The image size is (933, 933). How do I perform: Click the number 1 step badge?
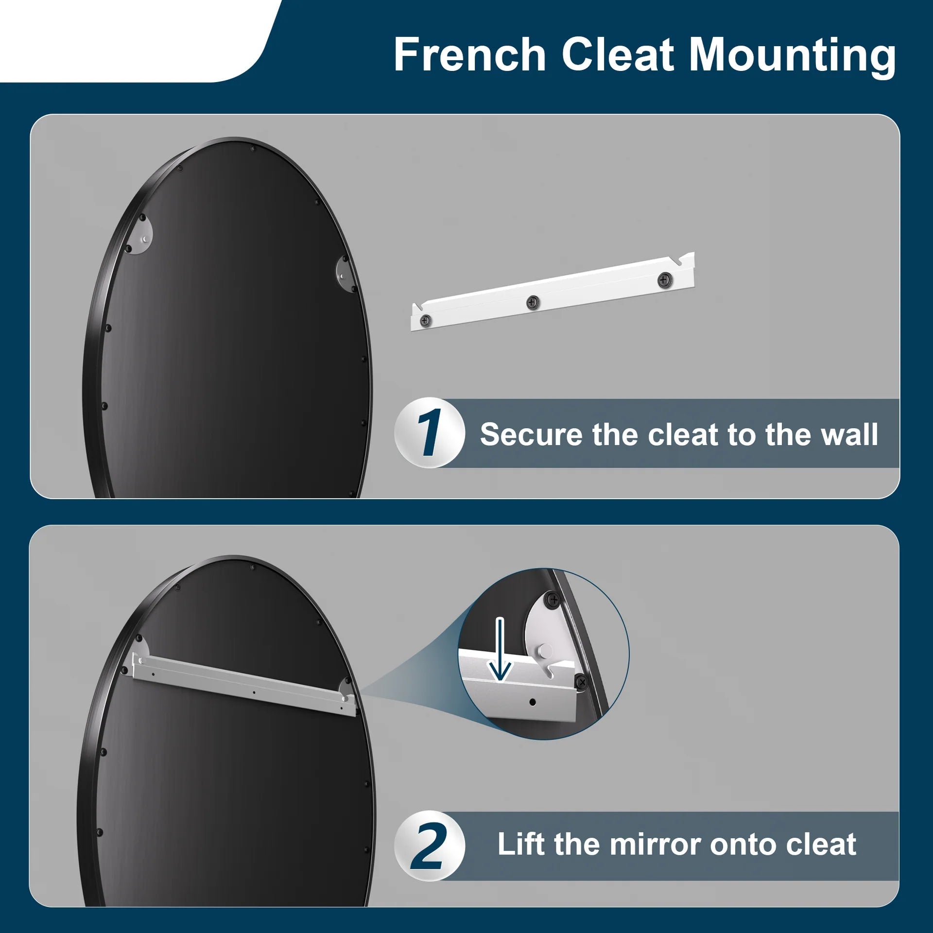click(429, 432)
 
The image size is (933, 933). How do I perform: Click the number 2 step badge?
click(429, 846)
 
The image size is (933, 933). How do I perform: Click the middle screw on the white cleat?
click(533, 303)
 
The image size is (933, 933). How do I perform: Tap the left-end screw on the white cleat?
click(425, 321)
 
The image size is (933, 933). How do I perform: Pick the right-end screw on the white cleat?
click(664, 280)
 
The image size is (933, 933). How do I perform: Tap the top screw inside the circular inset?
click(553, 600)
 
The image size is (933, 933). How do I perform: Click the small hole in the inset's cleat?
click(533, 702)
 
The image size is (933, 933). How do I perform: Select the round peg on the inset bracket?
click(545, 651)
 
